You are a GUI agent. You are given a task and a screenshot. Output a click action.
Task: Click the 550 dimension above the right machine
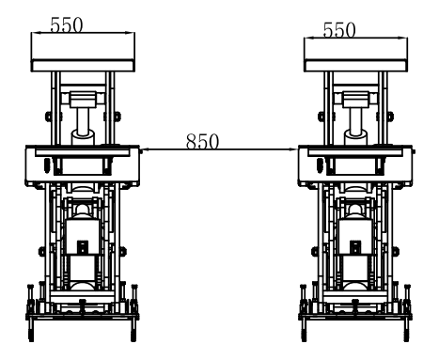pos(338,29)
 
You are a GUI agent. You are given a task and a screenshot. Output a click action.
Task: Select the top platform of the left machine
pos(84,54)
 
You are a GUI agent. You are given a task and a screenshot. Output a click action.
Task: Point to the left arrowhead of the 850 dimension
pos(142,149)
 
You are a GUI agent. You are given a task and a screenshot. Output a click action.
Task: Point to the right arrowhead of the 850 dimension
pos(293,149)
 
